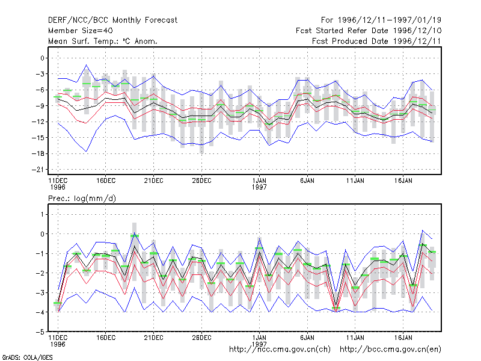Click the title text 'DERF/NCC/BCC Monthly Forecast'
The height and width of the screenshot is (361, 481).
(x=112, y=20)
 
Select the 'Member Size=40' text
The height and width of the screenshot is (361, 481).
(x=81, y=31)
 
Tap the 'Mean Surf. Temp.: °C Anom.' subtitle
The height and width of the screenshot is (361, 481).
(x=103, y=41)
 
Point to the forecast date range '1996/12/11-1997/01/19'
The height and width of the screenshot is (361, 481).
(x=390, y=20)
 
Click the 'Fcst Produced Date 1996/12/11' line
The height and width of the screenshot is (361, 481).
(x=376, y=41)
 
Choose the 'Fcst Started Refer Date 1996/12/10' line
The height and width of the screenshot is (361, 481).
(x=369, y=31)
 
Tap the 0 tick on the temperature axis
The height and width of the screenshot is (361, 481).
(x=42, y=58)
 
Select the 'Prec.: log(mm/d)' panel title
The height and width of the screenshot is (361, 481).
(x=82, y=199)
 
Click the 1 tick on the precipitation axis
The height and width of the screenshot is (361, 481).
(x=42, y=214)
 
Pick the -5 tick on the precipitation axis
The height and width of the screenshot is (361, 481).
(x=40, y=332)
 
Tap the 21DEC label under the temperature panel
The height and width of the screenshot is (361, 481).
(x=154, y=181)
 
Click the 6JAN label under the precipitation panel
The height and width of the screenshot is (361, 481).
(x=307, y=338)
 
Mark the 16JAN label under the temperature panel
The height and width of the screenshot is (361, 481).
(x=403, y=181)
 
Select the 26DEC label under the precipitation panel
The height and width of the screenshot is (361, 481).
(x=201, y=338)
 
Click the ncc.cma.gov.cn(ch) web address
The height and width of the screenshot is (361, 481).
(x=280, y=350)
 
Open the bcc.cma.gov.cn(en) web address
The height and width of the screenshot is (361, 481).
(x=390, y=350)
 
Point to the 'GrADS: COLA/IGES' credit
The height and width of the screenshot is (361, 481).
(x=27, y=357)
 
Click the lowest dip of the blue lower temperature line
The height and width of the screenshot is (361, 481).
(x=87, y=152)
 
